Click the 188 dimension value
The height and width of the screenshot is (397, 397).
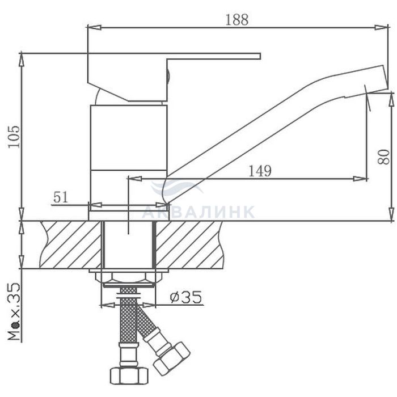pos(236,20)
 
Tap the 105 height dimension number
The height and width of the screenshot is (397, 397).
pos(14,137)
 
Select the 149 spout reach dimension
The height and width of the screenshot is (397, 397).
pos(260,171)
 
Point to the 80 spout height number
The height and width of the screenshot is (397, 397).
pos(383,157)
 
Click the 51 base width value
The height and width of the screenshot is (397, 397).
pos(61,197)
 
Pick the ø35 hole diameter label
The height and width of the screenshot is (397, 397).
pos(186,297)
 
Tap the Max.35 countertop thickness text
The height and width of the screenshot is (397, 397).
pos(14,312)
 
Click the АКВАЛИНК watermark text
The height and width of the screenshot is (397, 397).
pos(198,212)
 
